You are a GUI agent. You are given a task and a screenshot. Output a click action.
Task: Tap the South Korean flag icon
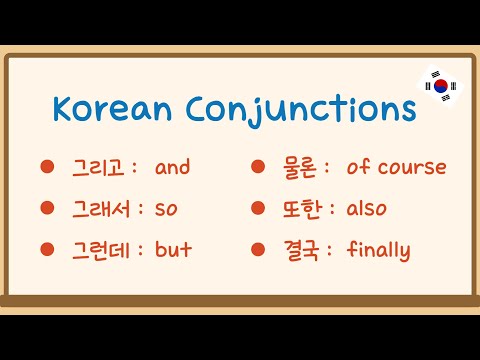tap(440, 85)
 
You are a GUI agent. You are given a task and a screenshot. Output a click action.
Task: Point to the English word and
tap(173, 167)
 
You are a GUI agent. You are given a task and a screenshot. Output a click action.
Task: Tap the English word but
tap(173, 249)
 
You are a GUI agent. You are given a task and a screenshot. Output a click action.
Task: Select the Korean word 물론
tap(299, 167)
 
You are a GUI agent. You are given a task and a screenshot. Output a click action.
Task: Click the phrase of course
tap(396, 167)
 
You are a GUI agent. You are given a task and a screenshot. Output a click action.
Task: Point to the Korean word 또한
tap(299, 208)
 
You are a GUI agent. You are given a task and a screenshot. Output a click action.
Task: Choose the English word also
tap(366, 208)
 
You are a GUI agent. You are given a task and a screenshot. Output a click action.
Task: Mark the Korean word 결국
tap(299, 249)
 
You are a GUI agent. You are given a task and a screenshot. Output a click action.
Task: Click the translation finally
tap(378, 250)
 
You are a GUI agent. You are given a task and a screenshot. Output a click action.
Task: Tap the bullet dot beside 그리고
tap(46, 167)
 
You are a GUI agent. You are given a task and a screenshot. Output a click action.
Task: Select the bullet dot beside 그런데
tap(46, 249)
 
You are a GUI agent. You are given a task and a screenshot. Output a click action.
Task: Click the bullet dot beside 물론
tap(256, 167)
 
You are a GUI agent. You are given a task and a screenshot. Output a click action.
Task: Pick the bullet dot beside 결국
tap(256, 249)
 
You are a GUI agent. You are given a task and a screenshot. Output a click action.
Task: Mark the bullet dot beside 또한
tap(256, 208)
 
